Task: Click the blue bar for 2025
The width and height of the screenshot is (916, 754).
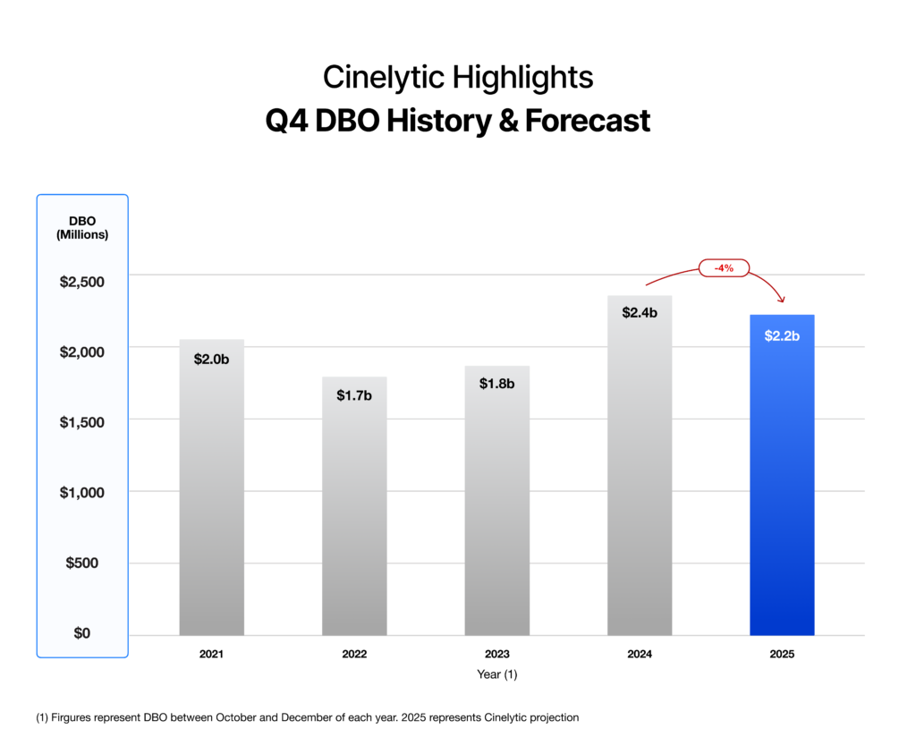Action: point(781,483)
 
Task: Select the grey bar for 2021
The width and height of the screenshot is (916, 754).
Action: point(211,492)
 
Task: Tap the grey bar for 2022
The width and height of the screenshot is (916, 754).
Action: point(354,510)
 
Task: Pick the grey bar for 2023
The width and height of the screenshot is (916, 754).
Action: point(496,505)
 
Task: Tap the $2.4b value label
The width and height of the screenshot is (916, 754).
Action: point(640,313)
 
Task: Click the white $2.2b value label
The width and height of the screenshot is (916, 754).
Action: point(782,336)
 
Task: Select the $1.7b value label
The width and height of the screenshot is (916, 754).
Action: point(354,394)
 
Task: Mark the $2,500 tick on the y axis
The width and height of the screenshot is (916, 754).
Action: point(82,282)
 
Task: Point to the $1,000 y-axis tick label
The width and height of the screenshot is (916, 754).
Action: point(82,492)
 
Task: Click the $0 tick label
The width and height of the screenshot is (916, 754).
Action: point(82,633)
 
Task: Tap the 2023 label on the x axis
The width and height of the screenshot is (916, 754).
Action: point(496,654)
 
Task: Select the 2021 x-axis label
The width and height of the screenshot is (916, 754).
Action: point(211,654)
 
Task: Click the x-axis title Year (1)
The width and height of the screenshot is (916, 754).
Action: point(496,675)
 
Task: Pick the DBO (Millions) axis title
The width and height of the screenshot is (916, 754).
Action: point(82,228)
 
